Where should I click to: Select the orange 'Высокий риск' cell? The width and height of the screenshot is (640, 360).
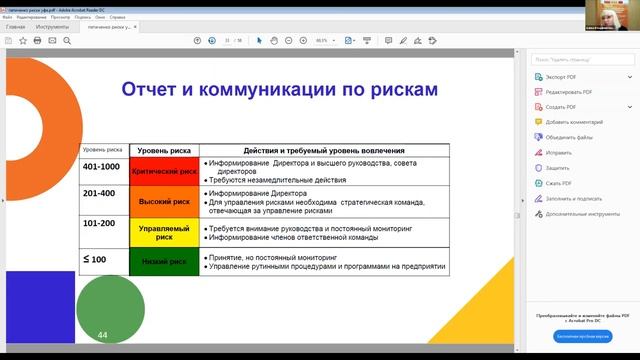click(x=164, y=201)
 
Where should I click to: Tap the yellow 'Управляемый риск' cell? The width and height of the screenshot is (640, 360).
click(x=164, y=233)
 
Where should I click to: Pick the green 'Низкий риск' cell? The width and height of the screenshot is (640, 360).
click(x=164, y=262)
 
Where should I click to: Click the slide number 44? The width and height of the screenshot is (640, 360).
click(x=102, y=334)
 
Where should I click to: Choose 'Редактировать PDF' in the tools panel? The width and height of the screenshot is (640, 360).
click(x=569, y=92)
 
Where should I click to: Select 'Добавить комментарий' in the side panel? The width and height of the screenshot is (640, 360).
click(x=574, y=122)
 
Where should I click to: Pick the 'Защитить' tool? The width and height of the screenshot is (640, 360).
click(x=558, y=168)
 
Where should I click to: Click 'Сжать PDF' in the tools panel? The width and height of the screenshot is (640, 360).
click(x=559, y=183)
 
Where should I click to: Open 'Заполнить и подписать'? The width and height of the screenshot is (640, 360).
click(x=574, y=198)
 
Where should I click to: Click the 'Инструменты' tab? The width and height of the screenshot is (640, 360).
click(x=53, y=27)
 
